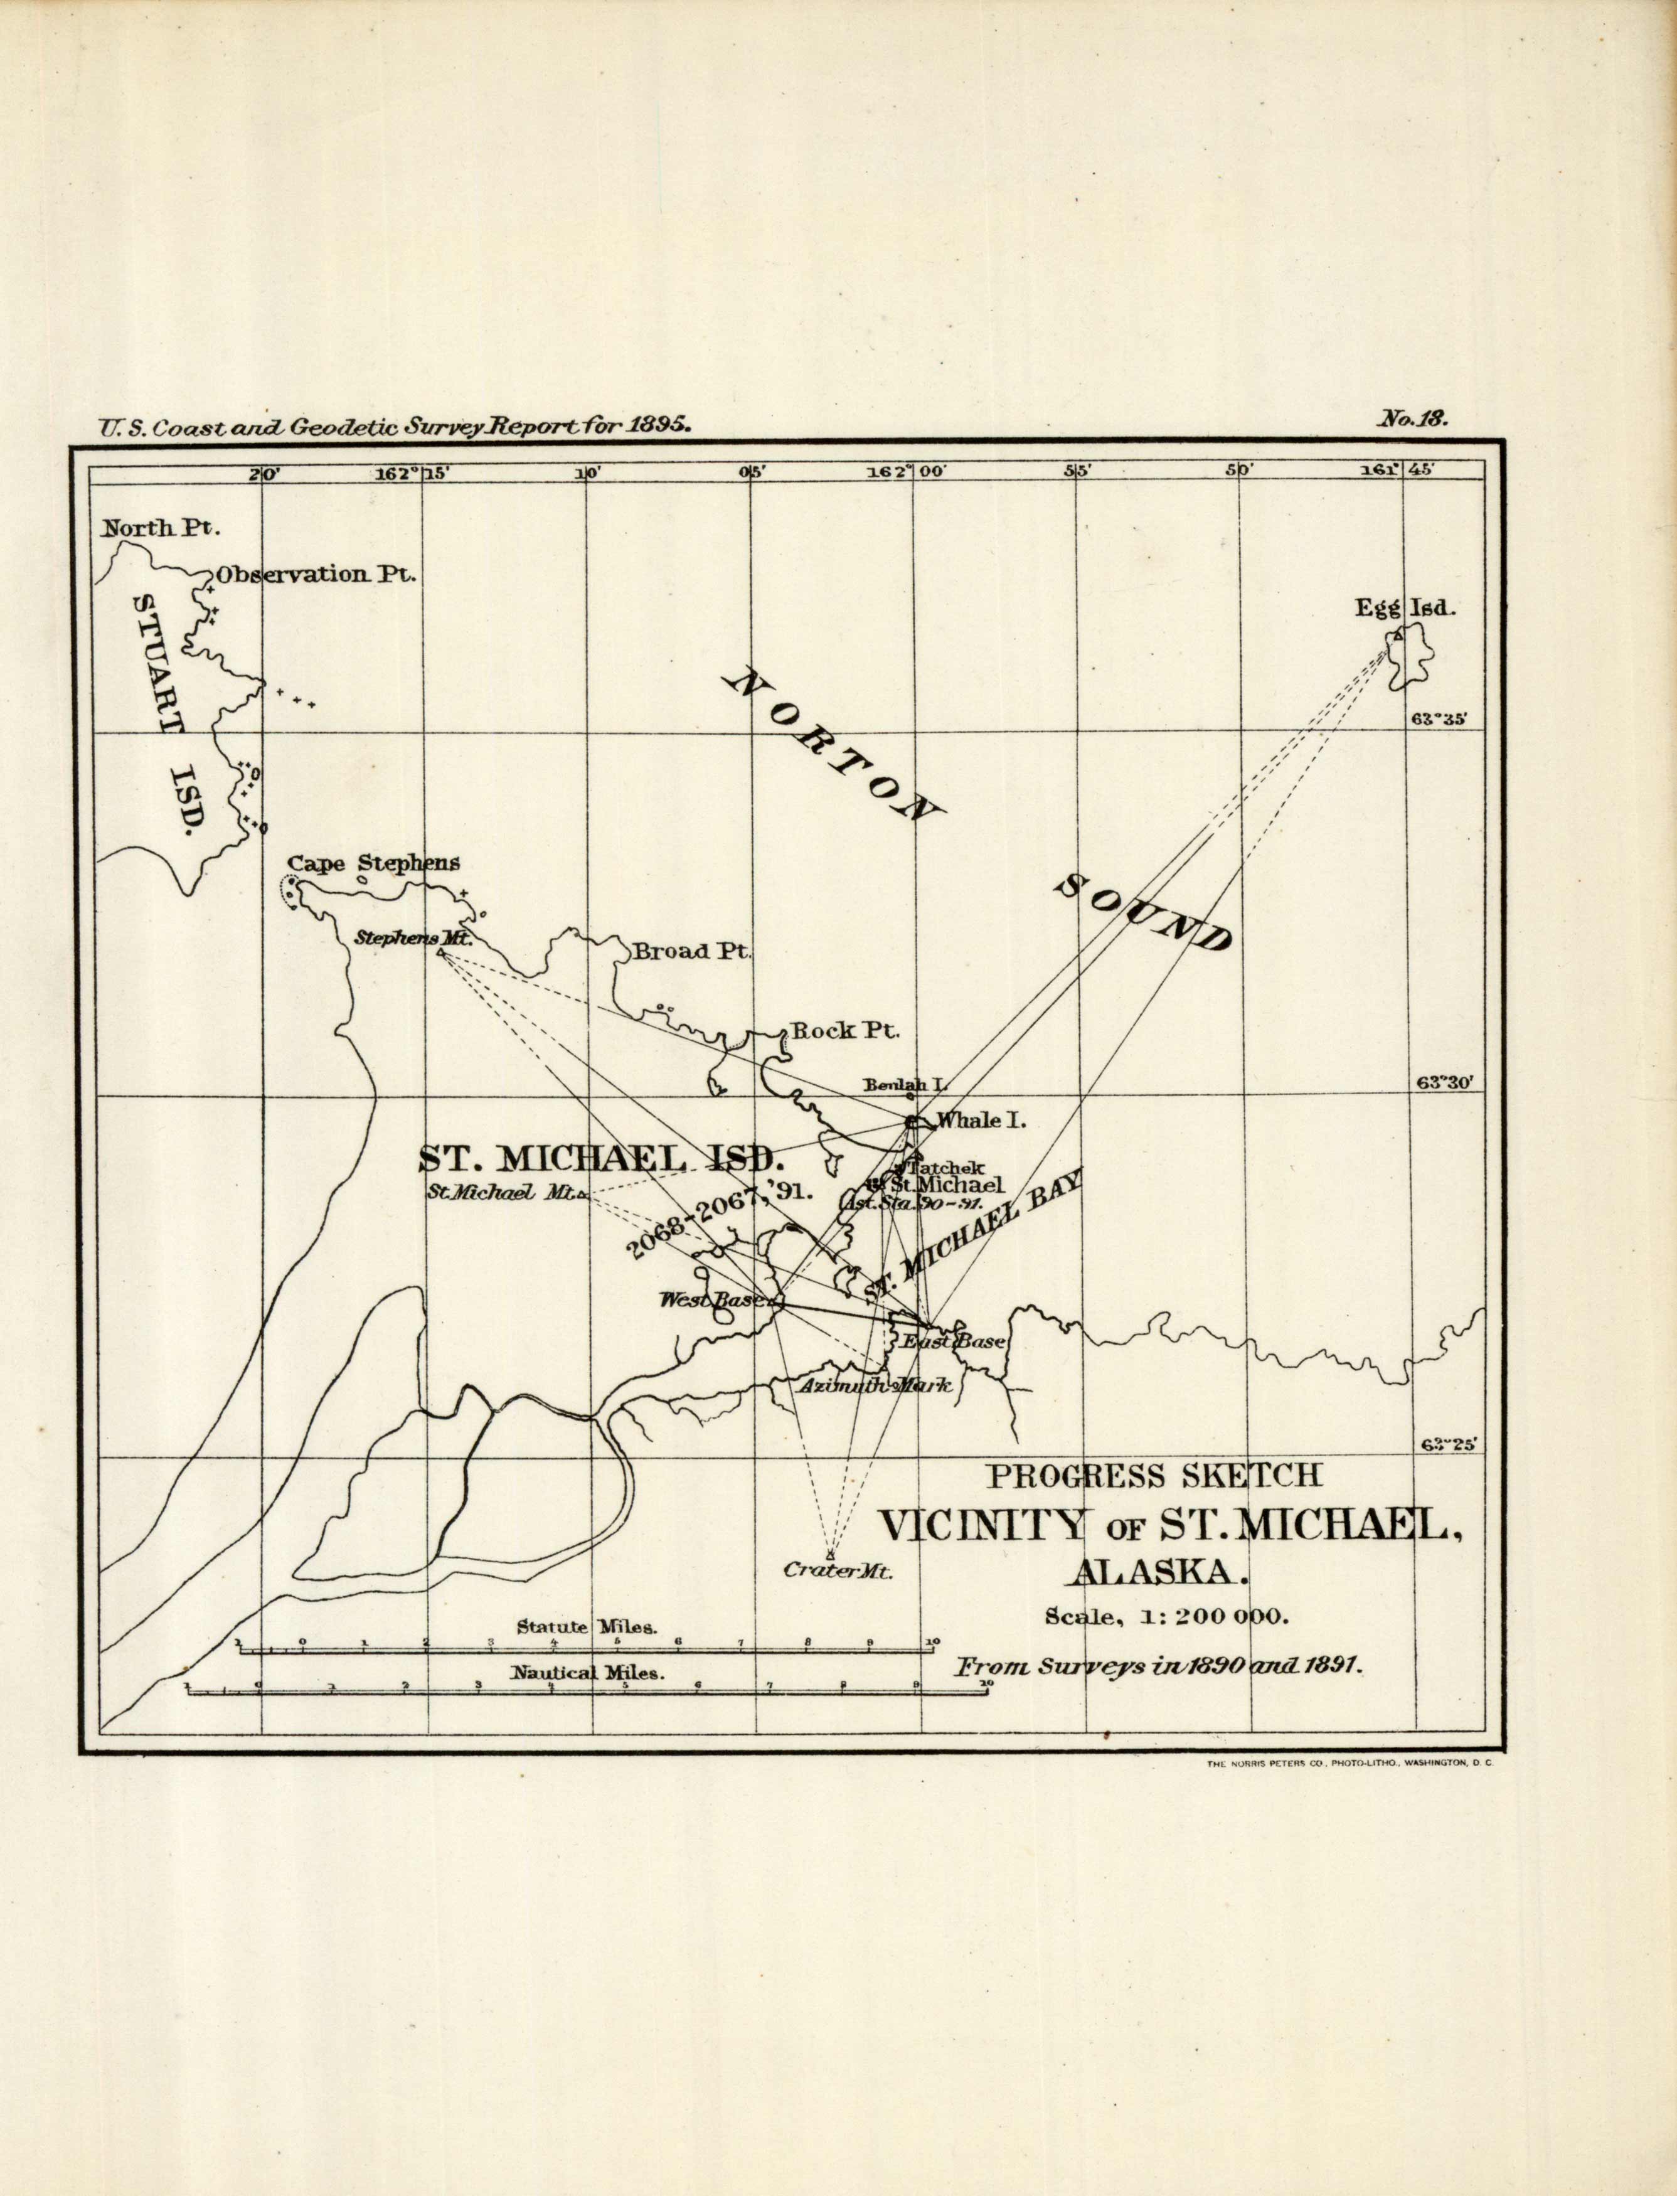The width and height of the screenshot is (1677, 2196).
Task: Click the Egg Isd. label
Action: [x=1393, y=607]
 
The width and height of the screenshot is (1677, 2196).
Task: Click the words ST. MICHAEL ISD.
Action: [x=599, y=1158]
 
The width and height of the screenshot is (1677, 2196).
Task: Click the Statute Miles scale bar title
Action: [x=586, y=1626]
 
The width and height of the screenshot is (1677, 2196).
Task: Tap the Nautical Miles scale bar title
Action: [x=587, y=1673]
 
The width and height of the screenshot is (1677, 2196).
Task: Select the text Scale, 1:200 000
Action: [x=1166, y=1617]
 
